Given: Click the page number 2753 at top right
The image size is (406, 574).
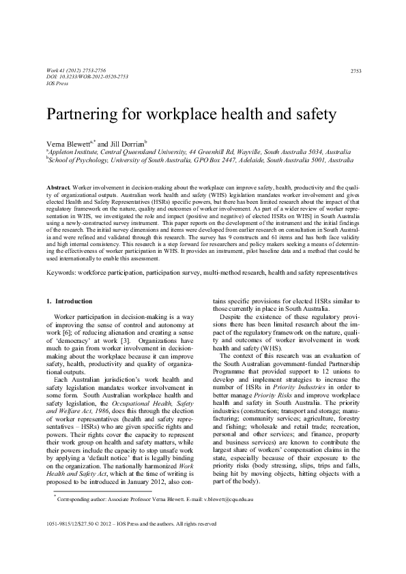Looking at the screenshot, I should point(355,71).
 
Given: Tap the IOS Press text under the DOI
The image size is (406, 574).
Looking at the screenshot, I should point(57,82).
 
